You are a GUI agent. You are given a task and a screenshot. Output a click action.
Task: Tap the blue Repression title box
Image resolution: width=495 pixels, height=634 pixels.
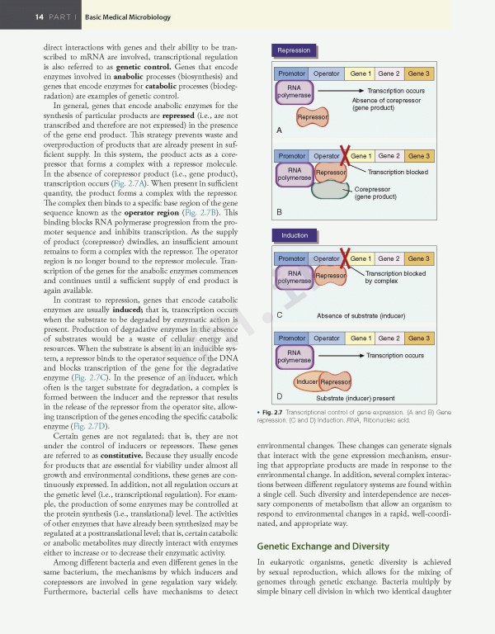click(x=294, y=50)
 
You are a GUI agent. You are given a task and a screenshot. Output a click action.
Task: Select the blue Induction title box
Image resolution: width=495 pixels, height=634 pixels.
click(x=294, y=235)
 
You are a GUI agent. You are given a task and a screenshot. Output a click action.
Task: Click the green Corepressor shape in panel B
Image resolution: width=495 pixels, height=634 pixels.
click(x=331, y=190)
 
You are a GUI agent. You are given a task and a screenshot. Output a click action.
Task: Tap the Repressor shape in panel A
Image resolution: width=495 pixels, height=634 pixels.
click(x=313, y=118)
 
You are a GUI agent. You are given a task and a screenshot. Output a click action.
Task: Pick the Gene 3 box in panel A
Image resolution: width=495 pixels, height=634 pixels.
click(x=418, y=74)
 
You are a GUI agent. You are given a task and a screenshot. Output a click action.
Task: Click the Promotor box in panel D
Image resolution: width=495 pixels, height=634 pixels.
click(x=292, y=338)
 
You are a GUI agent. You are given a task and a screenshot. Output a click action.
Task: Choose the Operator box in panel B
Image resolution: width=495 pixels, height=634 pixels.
click(x=326, y=156)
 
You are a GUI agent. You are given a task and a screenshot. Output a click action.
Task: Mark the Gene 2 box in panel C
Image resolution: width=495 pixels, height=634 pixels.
click(x=389, y=258)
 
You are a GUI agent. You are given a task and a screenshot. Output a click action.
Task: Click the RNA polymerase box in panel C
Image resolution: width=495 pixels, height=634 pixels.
click(x=294, y=277)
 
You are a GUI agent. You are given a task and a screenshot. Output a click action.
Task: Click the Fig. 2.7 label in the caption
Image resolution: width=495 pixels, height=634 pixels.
click(x=273, y=411)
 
